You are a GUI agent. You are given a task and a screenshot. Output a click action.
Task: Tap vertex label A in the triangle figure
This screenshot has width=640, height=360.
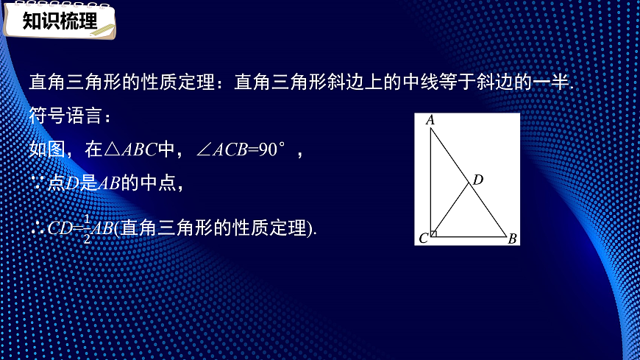point(430,120)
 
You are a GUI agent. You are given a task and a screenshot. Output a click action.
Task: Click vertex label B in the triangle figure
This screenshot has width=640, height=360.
point(512,238)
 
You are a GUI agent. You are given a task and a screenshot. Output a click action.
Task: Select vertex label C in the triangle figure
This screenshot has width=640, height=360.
point(423,238)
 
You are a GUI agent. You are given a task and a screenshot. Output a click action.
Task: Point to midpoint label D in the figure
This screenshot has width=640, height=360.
point(477,179)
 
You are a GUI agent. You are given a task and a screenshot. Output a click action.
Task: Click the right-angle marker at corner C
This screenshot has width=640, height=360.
point(435,233)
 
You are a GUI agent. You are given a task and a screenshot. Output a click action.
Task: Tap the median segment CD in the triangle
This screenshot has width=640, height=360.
point(451,210)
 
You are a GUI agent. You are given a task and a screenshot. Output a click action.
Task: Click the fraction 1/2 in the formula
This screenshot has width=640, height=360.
point(87,229)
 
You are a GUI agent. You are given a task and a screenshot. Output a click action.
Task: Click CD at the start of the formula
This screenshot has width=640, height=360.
point(60,228)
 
